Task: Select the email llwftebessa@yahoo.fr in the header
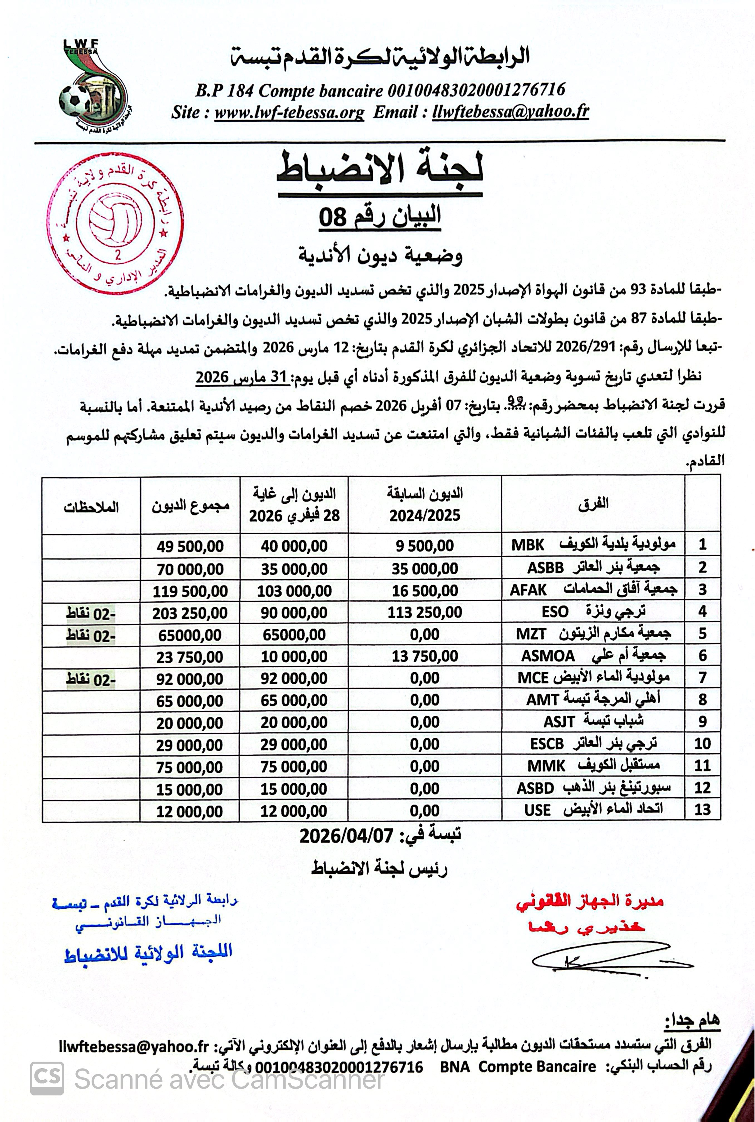(x=510, y=112)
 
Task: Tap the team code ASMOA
(x=548, y=656)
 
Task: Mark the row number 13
(x=702, y=809)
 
